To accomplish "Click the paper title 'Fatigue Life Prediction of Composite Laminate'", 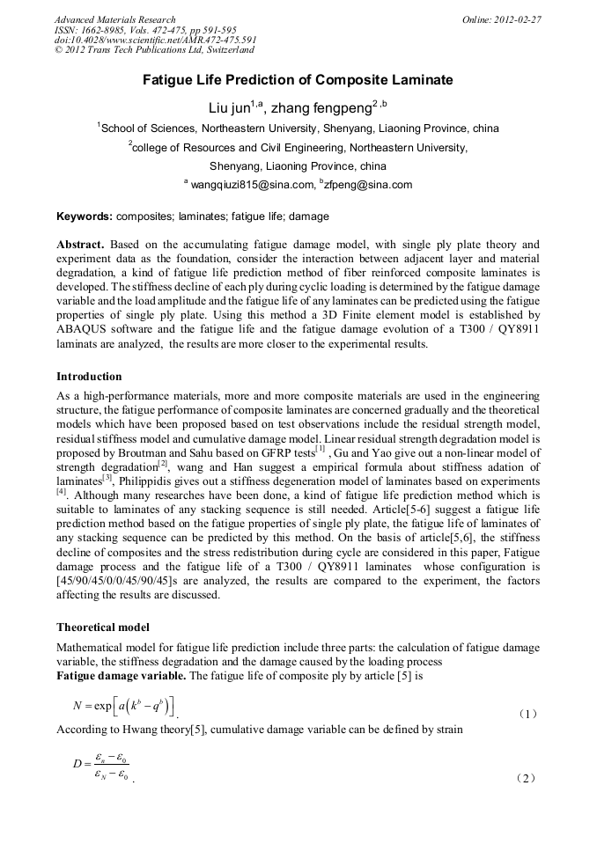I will (x=298, y=81).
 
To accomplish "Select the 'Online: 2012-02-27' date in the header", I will (x=501, y=19).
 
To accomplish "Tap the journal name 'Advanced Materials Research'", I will (x=114, y=19).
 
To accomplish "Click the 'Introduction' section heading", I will (x=89, y=377).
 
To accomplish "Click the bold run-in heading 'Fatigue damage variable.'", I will (x=122, y=676).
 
